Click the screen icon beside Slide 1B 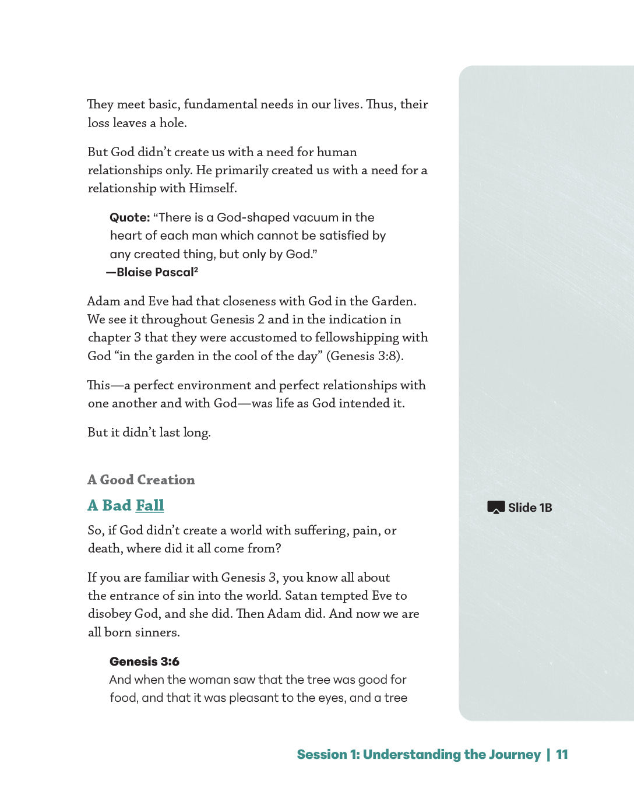[495, 507]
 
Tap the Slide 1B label [530, 508]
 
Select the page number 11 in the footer [562, 754]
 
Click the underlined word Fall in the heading [150, 505]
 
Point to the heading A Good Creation [141, 480]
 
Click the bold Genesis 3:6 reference [145, 662]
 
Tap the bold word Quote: [130, 217]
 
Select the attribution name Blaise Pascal [155, 272]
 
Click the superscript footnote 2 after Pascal [196, 270]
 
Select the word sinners [159, 632]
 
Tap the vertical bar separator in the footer [548, 754]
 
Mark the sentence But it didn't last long [149, 432]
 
